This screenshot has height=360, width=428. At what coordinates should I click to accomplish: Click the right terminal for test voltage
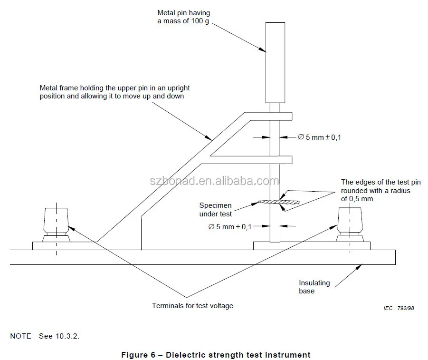351,222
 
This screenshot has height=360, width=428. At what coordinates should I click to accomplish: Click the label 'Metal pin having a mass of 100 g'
184,17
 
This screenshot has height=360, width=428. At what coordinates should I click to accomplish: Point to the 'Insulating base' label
314,287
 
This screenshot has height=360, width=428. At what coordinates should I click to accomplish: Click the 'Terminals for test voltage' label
192,306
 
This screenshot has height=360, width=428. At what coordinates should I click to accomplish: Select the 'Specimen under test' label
215,210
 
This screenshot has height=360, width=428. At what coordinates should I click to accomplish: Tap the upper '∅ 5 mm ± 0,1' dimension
319,137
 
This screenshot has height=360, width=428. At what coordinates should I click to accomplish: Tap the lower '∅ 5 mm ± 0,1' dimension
229,226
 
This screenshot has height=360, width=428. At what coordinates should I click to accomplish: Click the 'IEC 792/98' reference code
399,308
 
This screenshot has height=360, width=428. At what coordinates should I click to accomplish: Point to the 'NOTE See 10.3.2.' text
45,336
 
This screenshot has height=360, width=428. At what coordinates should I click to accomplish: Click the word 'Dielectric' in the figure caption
188,355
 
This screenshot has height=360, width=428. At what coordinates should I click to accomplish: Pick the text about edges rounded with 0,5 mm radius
380,190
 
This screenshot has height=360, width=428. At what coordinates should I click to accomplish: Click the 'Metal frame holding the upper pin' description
114,92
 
